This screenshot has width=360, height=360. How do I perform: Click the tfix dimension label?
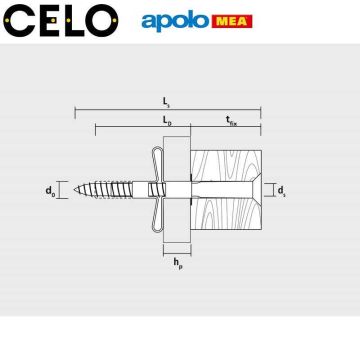[231, 121]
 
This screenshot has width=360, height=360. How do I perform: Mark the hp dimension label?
[177, 263]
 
